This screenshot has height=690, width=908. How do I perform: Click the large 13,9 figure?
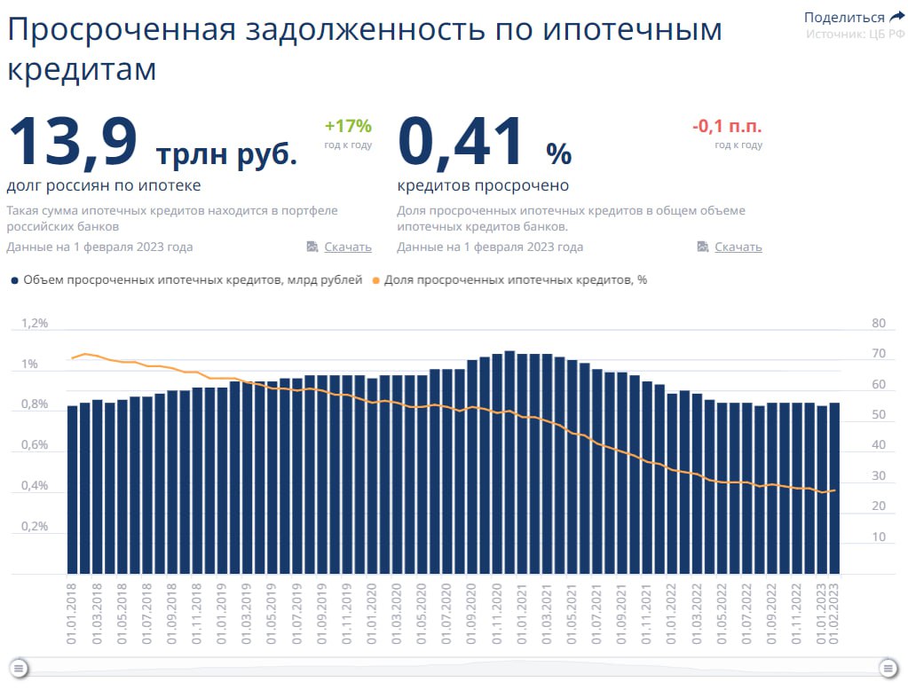(73, 142)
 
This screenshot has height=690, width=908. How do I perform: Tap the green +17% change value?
(348, 125)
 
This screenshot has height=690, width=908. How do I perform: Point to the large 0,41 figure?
(462, 142)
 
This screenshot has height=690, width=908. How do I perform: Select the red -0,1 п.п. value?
(727, 126)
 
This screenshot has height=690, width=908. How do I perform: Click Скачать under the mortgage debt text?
(347, 247)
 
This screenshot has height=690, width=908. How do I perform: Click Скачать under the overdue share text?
(738, 247)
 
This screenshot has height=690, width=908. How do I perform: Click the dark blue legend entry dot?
(14, 280)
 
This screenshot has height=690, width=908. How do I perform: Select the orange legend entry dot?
(375, 280)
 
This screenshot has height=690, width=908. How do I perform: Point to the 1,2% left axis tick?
(35, 324)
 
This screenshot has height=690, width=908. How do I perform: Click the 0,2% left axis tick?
(35, 526)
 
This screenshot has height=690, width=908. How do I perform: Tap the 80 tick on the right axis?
(879, 324)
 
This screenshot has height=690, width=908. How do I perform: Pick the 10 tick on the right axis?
(879, 537)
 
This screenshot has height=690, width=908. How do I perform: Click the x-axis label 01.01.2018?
(72, 602)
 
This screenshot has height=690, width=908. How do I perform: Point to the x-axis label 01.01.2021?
(523, 602)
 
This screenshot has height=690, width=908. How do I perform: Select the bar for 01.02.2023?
(834, 488)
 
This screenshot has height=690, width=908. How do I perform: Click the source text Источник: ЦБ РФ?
(855, 34)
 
